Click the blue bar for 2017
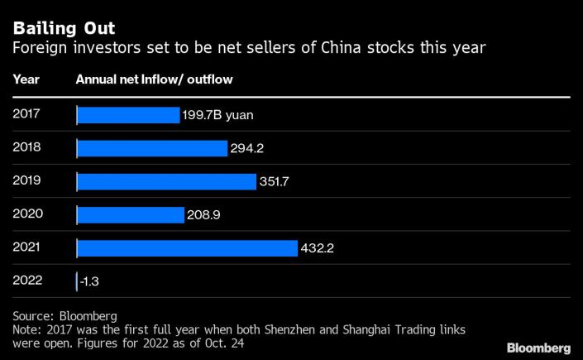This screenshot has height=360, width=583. click(128, 115)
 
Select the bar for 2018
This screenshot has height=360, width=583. click(152, 148)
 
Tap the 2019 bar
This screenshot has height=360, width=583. click(166, 181)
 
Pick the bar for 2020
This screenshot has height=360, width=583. click(131, 215)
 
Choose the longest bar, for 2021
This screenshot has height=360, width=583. click(187, 248)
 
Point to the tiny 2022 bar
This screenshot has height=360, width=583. click(77, 281)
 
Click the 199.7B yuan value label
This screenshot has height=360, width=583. click(217, 115)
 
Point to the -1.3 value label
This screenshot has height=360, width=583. click(88, 281)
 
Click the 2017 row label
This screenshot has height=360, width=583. click(26, 113)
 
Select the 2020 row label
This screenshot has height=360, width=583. click(27, 214)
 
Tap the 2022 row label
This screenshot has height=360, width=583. click(27, 280)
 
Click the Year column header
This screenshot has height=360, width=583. click(25, 79)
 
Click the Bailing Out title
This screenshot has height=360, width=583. click(63, 29)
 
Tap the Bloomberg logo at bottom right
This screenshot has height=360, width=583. click(538, 347)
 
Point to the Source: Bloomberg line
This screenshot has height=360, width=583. click(65, 315)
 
